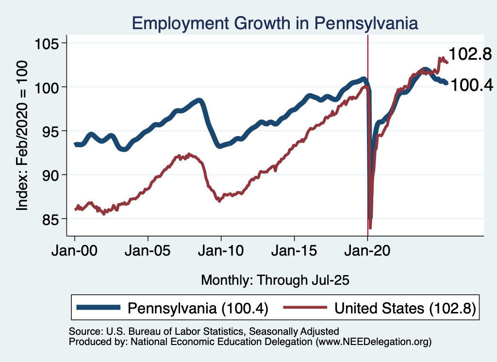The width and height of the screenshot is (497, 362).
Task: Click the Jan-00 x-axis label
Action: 75,253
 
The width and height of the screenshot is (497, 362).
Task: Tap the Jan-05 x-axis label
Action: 148,253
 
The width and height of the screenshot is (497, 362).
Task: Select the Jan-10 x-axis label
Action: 221,253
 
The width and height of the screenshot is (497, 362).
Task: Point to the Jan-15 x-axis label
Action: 295,253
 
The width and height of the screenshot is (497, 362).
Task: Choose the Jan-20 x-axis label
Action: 367,253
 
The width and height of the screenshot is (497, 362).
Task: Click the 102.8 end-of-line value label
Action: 470,54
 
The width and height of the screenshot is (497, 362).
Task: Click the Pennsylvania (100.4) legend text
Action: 198,308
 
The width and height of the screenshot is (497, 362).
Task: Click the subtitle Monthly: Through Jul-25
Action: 275,280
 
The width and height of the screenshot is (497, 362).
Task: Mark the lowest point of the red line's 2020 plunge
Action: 370,228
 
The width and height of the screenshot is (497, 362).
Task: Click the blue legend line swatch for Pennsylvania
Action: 99,308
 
